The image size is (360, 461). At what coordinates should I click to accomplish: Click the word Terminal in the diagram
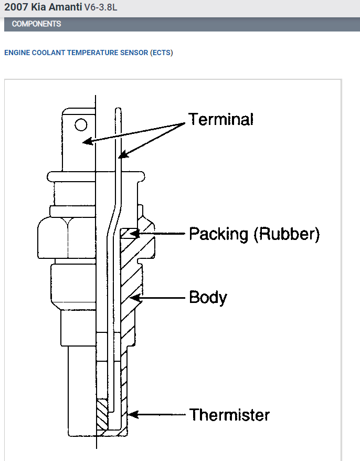click(221, 120)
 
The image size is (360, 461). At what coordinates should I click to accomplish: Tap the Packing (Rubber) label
click(254, 234)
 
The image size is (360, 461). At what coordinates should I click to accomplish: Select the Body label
click(208, 298)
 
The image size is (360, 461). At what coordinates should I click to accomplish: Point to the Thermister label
click(229, 415)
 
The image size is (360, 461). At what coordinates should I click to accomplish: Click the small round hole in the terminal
click(81, 125)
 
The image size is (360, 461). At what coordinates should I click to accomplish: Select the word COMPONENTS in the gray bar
click(36, 24)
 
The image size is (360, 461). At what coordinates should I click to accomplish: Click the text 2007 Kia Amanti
click(43, 8)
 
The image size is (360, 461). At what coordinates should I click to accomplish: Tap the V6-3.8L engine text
click(104, 8)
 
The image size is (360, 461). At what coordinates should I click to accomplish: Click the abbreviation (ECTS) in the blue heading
click(161, 53)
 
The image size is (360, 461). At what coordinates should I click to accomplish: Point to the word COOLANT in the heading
click(48, 53)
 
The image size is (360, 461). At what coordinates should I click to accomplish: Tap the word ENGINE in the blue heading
click(16, 53)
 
